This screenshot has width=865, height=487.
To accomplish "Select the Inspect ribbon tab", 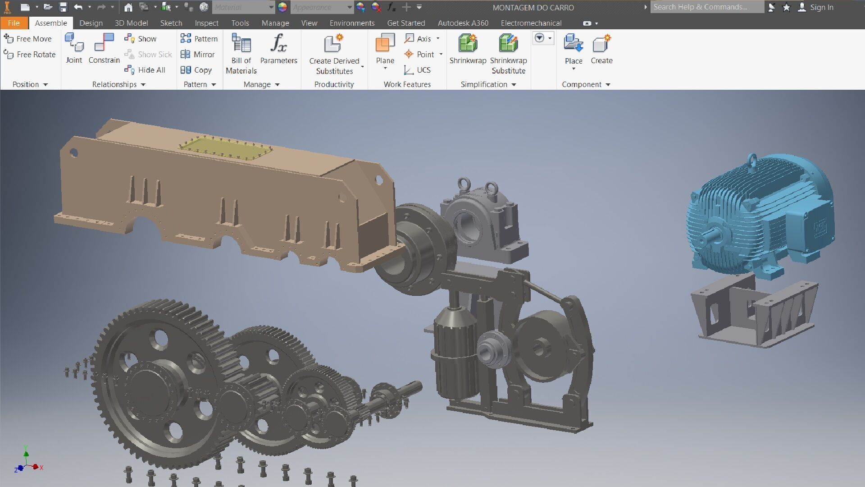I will point(206,23).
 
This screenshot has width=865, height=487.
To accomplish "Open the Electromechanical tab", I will point(531,23).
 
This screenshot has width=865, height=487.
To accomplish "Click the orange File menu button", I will point(14,23).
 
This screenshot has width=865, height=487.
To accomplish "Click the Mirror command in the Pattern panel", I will point(198,55).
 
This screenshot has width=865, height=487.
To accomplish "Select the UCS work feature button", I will point(418,70).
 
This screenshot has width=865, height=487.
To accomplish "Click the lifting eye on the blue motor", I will point(752,160).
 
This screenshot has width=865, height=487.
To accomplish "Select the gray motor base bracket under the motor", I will point(755,313).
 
